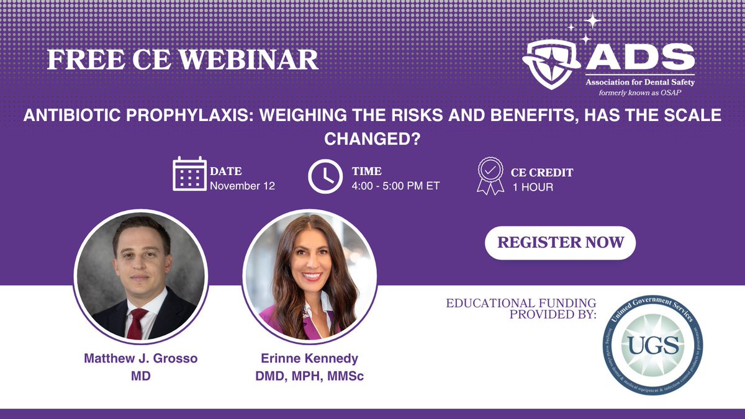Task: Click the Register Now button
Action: pyautogui.click(x=560, y=241)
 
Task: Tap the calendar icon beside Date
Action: pyautogui.click(x=189, y=174)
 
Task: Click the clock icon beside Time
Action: pyautogui.click(x=325, y=177)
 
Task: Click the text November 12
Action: pyautogui.click(x=242, y=185)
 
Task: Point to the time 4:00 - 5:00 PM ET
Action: pyautogui.click(x=396, y=185)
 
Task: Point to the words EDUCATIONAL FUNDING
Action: pyautogui.click(x=521, y=303)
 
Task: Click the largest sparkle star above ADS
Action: pyautogui.click(x=593, y=21)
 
